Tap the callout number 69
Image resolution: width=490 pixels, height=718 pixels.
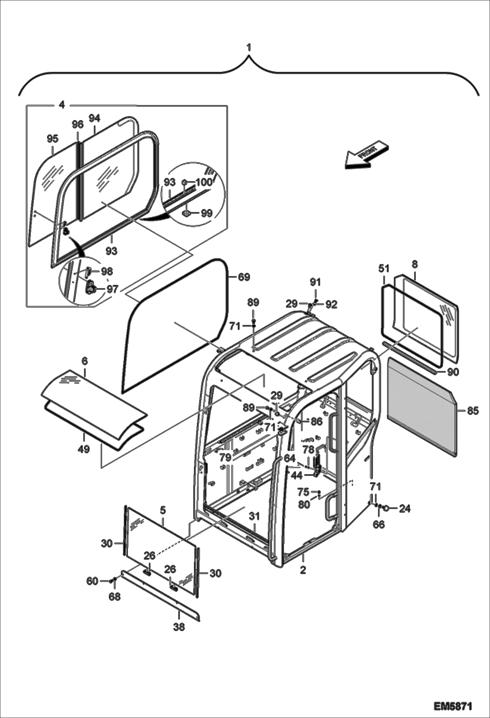(x=244, y=277)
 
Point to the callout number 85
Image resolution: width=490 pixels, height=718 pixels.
(x=473, y=410)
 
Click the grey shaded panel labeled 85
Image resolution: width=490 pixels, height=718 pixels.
(x=422, y=406)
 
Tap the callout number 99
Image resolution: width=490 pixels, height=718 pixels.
(x=206, y=213)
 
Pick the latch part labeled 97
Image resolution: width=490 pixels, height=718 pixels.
(x=90, y=288)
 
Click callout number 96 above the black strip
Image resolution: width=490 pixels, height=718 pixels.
(x=78, y=125)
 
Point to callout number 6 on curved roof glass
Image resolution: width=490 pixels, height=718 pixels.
(x=85, y=361)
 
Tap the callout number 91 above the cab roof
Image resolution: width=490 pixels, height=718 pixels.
(x=316, y=282)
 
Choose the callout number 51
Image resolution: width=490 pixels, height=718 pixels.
(x=384, y=268)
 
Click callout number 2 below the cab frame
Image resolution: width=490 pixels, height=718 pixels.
(x=303, y=570)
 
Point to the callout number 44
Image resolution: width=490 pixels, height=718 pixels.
(x=297, y=476)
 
